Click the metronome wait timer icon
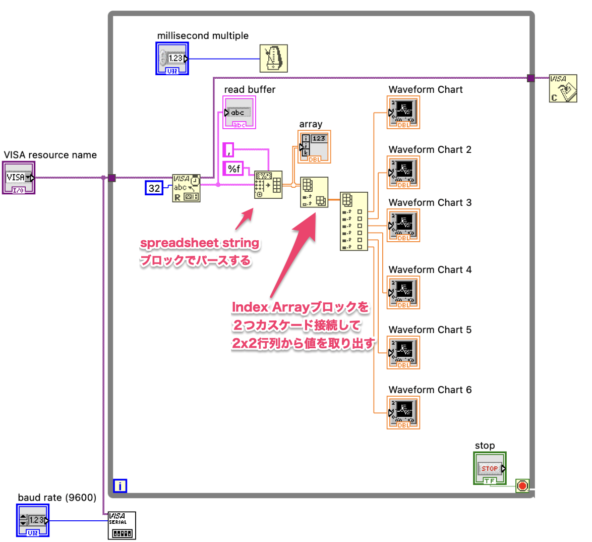click(x=274, y=58)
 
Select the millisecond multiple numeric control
click(x=172, y=58)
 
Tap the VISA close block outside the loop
click(x=563, y=88)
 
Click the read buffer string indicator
click(x=239, y=112)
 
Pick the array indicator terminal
click(x=314, y=147)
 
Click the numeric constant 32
click(x=154, y=188)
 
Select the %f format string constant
click(x=233, y=169)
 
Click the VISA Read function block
click(x=186, y=188)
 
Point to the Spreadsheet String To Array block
click(x=268, y=184)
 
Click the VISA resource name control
click(x=19, y=178)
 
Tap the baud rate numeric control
click(x=33, y=520)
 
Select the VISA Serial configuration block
click(x=122, y=525)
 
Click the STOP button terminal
click(x=490, y=468)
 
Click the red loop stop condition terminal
click(x=522, y=485)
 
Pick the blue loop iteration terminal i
click(x=120, y=485)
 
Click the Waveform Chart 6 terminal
click(x=403, y=412)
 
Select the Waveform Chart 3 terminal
click(x=403, y=225)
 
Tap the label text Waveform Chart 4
click(x=430, y=269)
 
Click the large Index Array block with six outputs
click(x=354, y=222)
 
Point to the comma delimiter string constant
click(x=228, y=150)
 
